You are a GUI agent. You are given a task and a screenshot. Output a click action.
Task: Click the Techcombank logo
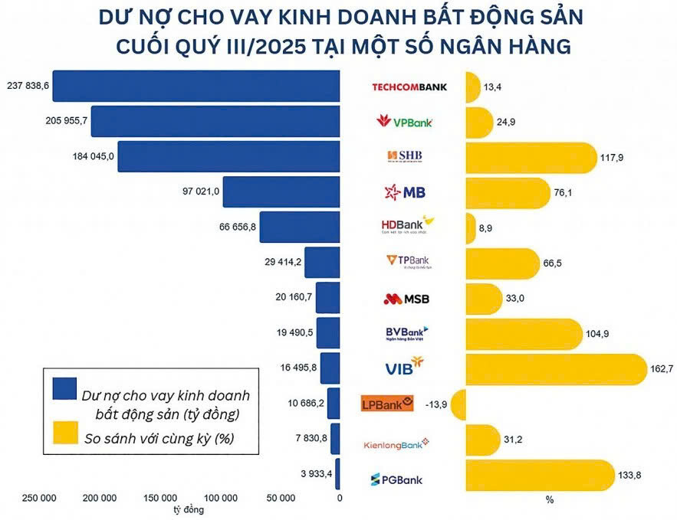point(409,87)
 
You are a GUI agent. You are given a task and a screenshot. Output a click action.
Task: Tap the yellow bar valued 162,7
point(556,368)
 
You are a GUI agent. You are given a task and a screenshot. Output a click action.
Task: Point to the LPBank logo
point(387,403)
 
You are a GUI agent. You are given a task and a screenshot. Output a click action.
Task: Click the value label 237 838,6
point(27,86)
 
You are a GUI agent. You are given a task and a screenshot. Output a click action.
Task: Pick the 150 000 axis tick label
point(160,498)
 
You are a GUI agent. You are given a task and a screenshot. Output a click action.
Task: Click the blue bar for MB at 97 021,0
point(281,191)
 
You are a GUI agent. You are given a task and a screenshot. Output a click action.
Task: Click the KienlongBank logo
point(396,443)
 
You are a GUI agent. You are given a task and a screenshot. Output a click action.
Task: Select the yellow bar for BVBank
point(523,333)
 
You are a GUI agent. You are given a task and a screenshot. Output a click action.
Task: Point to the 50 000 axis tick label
point(281,498)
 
